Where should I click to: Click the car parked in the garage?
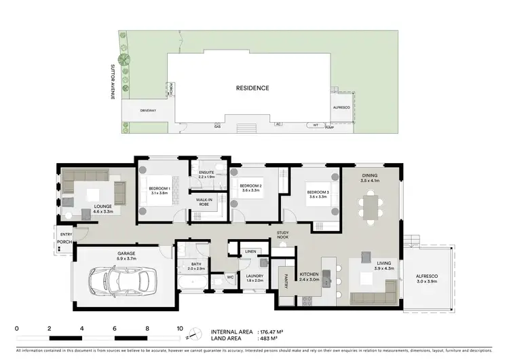pos(123,279)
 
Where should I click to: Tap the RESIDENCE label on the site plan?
pos(252,88)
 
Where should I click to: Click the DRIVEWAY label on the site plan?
pos(148,110)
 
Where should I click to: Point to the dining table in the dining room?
pos(371,206)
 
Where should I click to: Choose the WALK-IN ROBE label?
pos(204,202)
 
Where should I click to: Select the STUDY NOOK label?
pos(284,235)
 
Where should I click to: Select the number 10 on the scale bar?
pos(180,328)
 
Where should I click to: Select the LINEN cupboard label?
pos(250,252)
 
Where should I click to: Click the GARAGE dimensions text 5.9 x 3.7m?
pos(126,258)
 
